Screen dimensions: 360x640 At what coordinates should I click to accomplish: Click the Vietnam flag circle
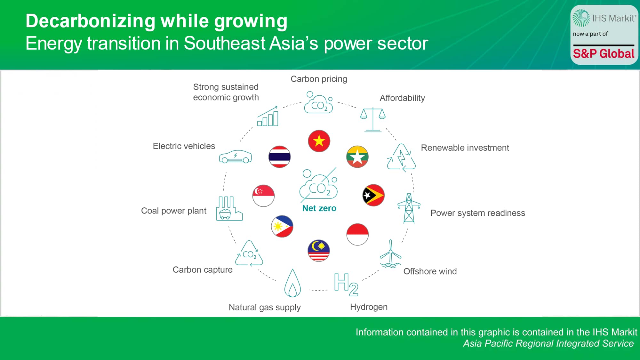(x=319, y=141)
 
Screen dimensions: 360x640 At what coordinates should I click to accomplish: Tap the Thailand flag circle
(x=280, y=157)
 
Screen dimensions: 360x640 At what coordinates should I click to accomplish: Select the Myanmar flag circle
(x=357, y=157)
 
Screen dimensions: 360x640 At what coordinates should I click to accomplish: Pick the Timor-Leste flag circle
(x=373, y=195)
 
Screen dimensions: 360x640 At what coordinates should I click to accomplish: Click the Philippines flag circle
(x=282, y=226)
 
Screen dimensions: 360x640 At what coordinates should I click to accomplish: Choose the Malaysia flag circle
(x=319, y=251)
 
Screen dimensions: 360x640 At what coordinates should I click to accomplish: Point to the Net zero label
(x=319, y=208)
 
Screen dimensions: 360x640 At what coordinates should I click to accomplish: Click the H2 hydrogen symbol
(x=346, y=284)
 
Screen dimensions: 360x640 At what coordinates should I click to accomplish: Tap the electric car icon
(x=235, y=157)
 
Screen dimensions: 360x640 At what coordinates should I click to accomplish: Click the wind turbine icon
(x=390, y=254)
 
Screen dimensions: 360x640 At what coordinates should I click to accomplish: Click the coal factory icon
(x=229, y=209)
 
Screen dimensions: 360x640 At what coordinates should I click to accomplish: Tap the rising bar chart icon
(x=268, y=116)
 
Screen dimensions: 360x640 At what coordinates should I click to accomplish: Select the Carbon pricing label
(x=319, y=79)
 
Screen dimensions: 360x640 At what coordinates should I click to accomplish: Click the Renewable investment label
(x=465, y=148)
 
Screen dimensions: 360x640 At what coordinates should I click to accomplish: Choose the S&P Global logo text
(x=604, y=53)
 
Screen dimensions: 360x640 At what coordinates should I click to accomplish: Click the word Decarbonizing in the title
(x=91, y=21)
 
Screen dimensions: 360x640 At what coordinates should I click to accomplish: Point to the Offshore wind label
(x=430, y=271)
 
